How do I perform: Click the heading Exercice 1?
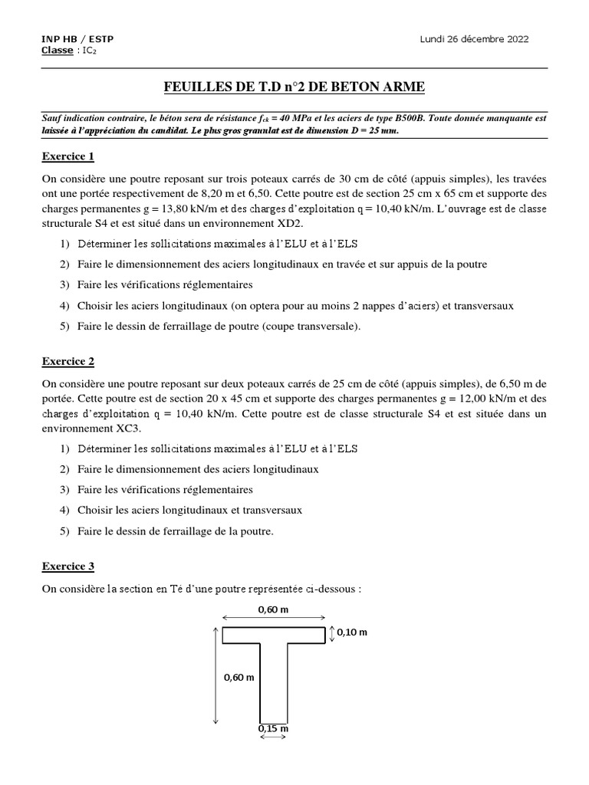click(67, 157)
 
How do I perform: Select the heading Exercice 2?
click(67, 360)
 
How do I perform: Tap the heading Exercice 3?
click(67, 567)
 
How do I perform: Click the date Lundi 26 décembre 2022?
click(474, 39)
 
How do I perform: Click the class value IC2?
click(88, 51)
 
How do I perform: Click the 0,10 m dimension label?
click(352, 632)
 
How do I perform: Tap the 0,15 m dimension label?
click(273, 728)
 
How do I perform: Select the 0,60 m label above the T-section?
click(274, 609)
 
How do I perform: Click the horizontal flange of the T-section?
click(274, 635)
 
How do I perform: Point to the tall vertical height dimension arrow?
click(216, 675)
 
